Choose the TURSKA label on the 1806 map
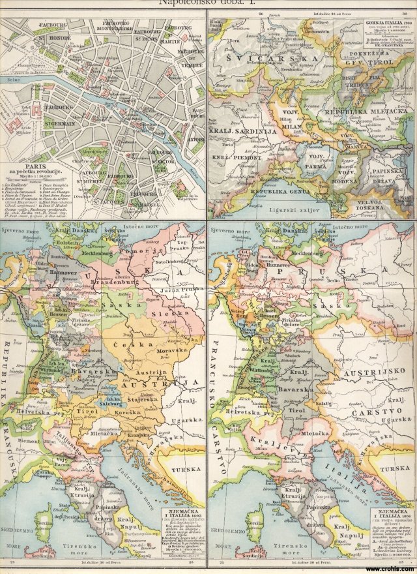pos(395,468)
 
